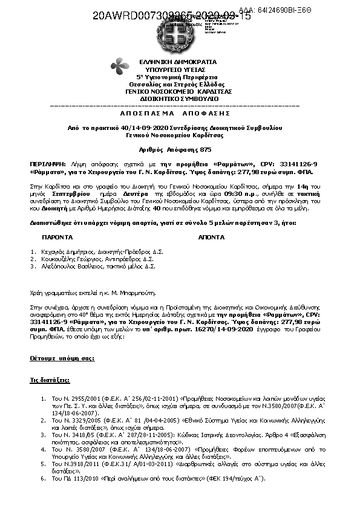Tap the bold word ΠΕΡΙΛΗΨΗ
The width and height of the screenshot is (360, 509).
point(45,164)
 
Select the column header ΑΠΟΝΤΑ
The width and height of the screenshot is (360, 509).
point(211,238)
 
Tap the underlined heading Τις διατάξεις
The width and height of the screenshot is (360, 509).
point(50,381)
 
